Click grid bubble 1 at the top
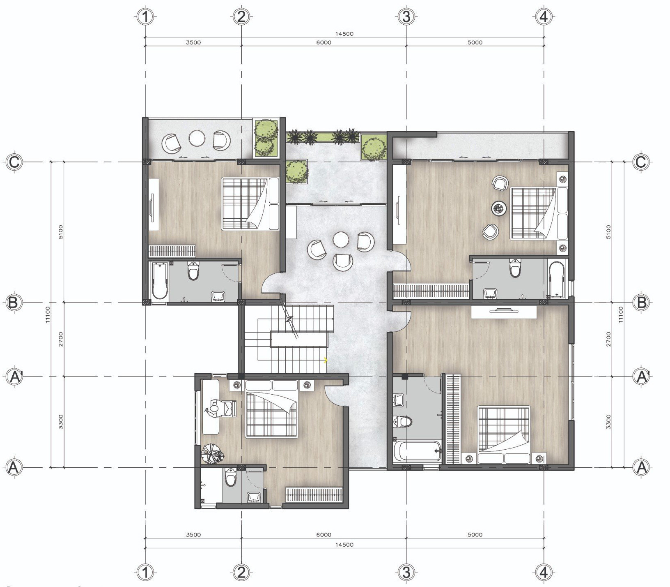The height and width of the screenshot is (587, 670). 145,17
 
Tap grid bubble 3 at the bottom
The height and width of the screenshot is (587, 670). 406,571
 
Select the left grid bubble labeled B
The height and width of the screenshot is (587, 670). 13,303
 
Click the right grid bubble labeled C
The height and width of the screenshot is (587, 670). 641,162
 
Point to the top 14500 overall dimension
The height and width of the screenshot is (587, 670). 344,34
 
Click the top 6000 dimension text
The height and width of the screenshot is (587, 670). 324,42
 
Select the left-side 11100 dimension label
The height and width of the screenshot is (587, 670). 48,314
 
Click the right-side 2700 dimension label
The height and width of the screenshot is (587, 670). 609,339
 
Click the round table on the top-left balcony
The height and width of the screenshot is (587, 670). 197,139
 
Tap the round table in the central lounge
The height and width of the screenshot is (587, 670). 341,240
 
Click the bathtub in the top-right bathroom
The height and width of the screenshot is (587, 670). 557,279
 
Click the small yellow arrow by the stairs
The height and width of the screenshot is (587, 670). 326,360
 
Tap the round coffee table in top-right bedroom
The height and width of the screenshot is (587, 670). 500,210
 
